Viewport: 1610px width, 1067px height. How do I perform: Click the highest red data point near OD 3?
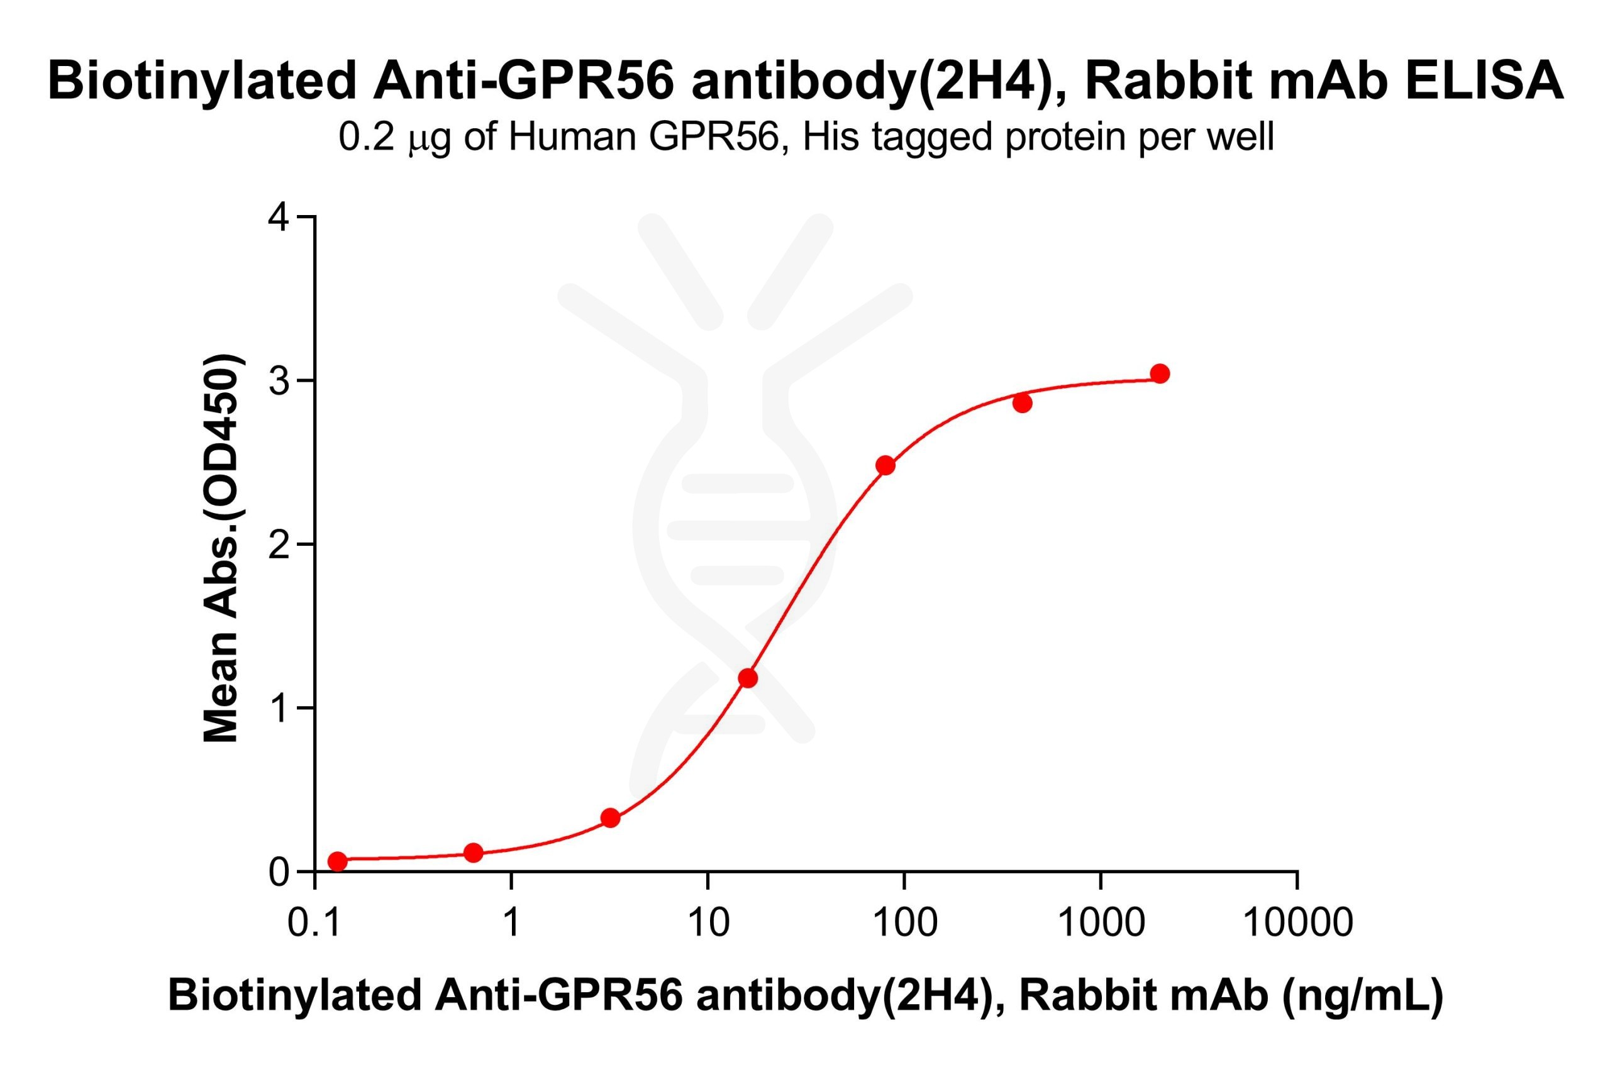point(1160,373)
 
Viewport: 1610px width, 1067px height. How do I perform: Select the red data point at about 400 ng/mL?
point(1022,404)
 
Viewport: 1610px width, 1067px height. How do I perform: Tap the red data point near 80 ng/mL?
point(885,465)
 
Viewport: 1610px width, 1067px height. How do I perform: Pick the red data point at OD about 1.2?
point(748,678)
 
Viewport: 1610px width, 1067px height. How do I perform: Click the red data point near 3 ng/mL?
point(611,818)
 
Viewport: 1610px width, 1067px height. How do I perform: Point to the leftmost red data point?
point(337,861)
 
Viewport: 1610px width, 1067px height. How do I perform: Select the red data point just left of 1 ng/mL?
point(473,853)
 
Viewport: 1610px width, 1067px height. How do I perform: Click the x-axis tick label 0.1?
point(314,924)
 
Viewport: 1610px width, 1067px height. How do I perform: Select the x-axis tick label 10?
point(708,924)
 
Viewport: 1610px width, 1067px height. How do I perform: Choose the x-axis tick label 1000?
point(1101,924)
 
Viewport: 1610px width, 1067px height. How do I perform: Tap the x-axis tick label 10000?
point(1297,924)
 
